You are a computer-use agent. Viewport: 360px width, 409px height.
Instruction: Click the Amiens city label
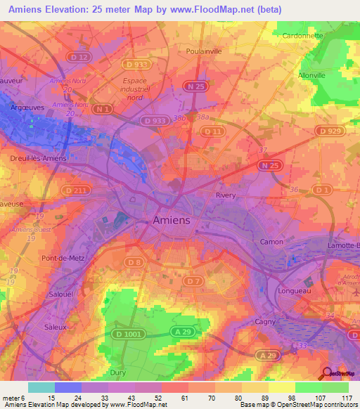172,221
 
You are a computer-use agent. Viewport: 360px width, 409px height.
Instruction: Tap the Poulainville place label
205,51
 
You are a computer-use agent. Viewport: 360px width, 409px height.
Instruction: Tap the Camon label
272,242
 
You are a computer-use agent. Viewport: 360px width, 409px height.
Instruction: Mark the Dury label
118,372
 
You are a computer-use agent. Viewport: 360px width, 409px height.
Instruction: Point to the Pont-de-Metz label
63,259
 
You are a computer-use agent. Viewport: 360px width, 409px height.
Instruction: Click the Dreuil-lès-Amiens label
38,158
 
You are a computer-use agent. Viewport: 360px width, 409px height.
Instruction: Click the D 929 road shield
327,131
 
